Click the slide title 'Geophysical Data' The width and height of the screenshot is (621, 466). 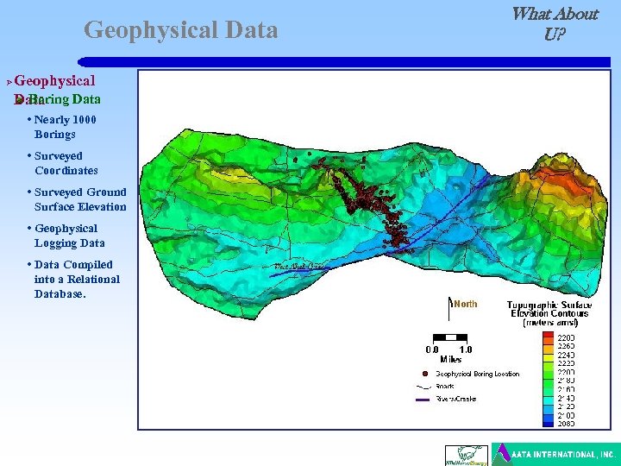point(181,31)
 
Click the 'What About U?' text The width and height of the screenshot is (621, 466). point(554,24)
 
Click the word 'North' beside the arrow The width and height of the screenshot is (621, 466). point(465,304)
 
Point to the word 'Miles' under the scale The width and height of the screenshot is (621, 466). point(449,359)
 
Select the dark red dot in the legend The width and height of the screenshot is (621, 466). point(424,374)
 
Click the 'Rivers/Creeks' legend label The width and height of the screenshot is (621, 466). point(455,399)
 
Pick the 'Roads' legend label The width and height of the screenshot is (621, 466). point(445,387)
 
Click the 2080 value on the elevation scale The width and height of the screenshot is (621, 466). point(566,424)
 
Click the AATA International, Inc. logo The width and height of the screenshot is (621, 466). point(554,454)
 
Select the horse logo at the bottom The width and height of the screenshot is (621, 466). point(466,455)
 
